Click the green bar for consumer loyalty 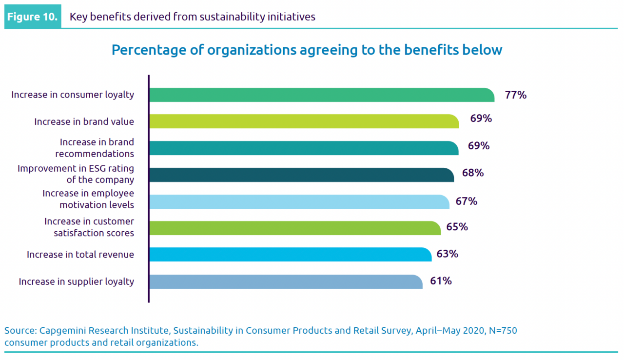click(322, 95)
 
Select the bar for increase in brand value click(304, 121)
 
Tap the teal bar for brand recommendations click(304, 148)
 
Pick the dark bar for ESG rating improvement click(301, 175)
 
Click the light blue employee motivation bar click(299, 201)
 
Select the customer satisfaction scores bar click(294, 228)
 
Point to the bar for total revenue click(290, 254)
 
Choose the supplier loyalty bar click(286, 281)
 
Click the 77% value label click(516, 95)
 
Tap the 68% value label click(472, 173)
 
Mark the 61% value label click(441, 281)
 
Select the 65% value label click(457, 227)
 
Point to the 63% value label click(448, 254)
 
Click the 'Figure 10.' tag click(33, 17)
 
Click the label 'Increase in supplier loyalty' click(76, 281)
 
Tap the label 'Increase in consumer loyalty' click(73, 95)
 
